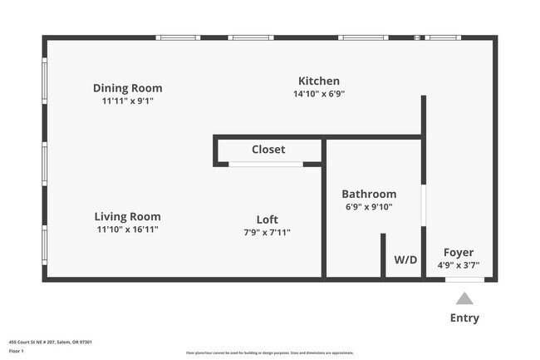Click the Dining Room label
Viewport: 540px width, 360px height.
[127, 88]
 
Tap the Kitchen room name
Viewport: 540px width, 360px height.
[319, 81]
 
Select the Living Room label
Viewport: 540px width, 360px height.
[127, 216]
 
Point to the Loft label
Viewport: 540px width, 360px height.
[267, 219]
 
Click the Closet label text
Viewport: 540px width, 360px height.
[268, 150]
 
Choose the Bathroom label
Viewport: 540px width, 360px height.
[369, 194]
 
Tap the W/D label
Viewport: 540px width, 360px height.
[405, 259]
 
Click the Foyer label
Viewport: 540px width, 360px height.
[459, 253]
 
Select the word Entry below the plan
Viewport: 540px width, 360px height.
[464, 318]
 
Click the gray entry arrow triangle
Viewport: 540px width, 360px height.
[464, 298]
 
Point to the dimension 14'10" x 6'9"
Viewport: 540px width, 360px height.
[319, 94]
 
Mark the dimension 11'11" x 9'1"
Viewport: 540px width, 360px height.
[127, 101]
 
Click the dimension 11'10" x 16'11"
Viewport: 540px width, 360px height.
[127, 229]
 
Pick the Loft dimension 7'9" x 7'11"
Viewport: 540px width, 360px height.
[267, 233]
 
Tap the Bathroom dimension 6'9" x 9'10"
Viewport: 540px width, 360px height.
[369, 207]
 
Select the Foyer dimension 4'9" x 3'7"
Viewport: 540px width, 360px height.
[459, 266]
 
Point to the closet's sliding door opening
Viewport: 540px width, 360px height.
[266, 164]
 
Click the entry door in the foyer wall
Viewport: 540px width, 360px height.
[464, 279]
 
